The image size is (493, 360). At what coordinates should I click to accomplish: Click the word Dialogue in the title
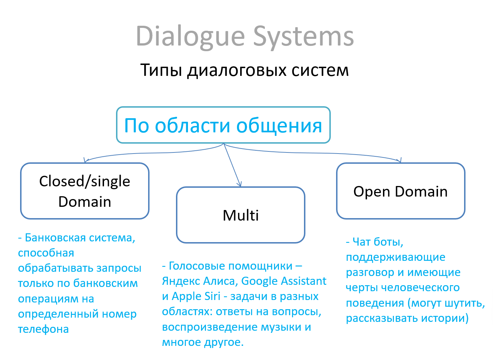coord(190,36)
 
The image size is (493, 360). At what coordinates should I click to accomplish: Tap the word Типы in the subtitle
coord(161,70)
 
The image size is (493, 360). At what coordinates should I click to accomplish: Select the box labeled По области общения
coord(223,125)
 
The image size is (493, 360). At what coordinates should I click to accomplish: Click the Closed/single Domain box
coord(85,191)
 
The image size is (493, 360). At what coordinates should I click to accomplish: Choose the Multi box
coord(241,215)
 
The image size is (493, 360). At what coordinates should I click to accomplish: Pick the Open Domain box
coord(401,191)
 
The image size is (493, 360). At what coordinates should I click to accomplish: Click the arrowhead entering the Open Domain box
coord(400,161)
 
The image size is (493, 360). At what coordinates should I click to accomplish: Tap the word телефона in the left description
coord(43,329)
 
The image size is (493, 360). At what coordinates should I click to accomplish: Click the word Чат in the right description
coord(361,242)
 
